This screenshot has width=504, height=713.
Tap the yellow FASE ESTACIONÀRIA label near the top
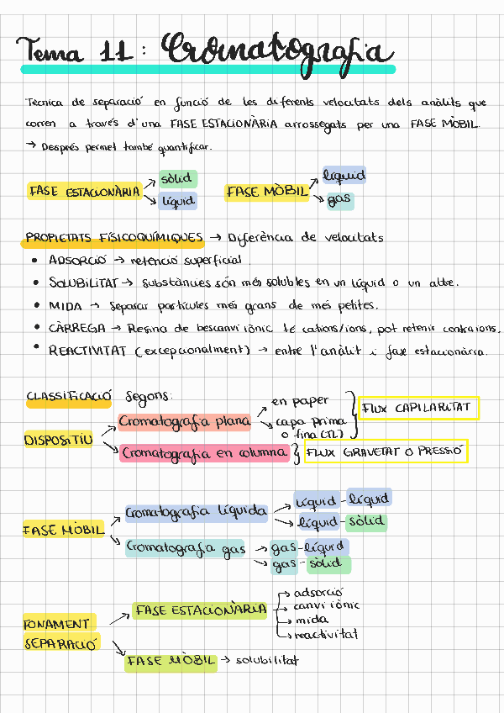click(x=84, y=192)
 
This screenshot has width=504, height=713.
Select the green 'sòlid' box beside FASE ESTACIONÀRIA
click(x=178, y=178)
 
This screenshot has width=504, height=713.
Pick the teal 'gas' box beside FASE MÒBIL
click(x=340, y=200)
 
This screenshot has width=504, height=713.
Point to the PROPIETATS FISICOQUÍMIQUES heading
click(x=113, y=238)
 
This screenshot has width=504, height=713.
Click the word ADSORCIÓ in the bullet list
click(x=77, y=260)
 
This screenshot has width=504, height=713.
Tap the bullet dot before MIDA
click(x=34, y=305)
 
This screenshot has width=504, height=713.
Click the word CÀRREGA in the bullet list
click(x=77, y=328)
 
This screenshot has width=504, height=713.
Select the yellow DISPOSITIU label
click(x=58, y=440)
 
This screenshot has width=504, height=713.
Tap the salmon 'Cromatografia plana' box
click(x=184, y=420)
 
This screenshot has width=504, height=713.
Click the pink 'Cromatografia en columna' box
click(x=205, y=453)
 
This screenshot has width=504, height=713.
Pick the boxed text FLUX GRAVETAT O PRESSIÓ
click(x=384, y=452)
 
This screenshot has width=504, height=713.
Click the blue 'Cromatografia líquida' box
click(x=196, y=511)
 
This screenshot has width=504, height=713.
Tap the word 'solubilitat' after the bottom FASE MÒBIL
click(x=267, y=661)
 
